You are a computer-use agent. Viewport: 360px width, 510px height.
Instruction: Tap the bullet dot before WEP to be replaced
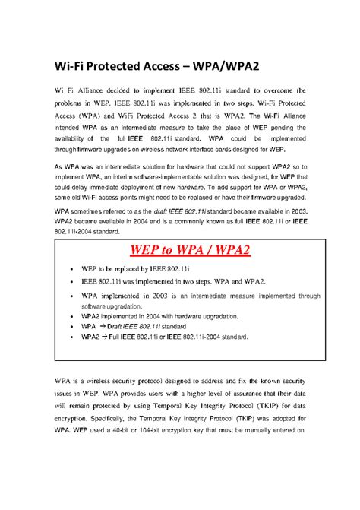(71, 270)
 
